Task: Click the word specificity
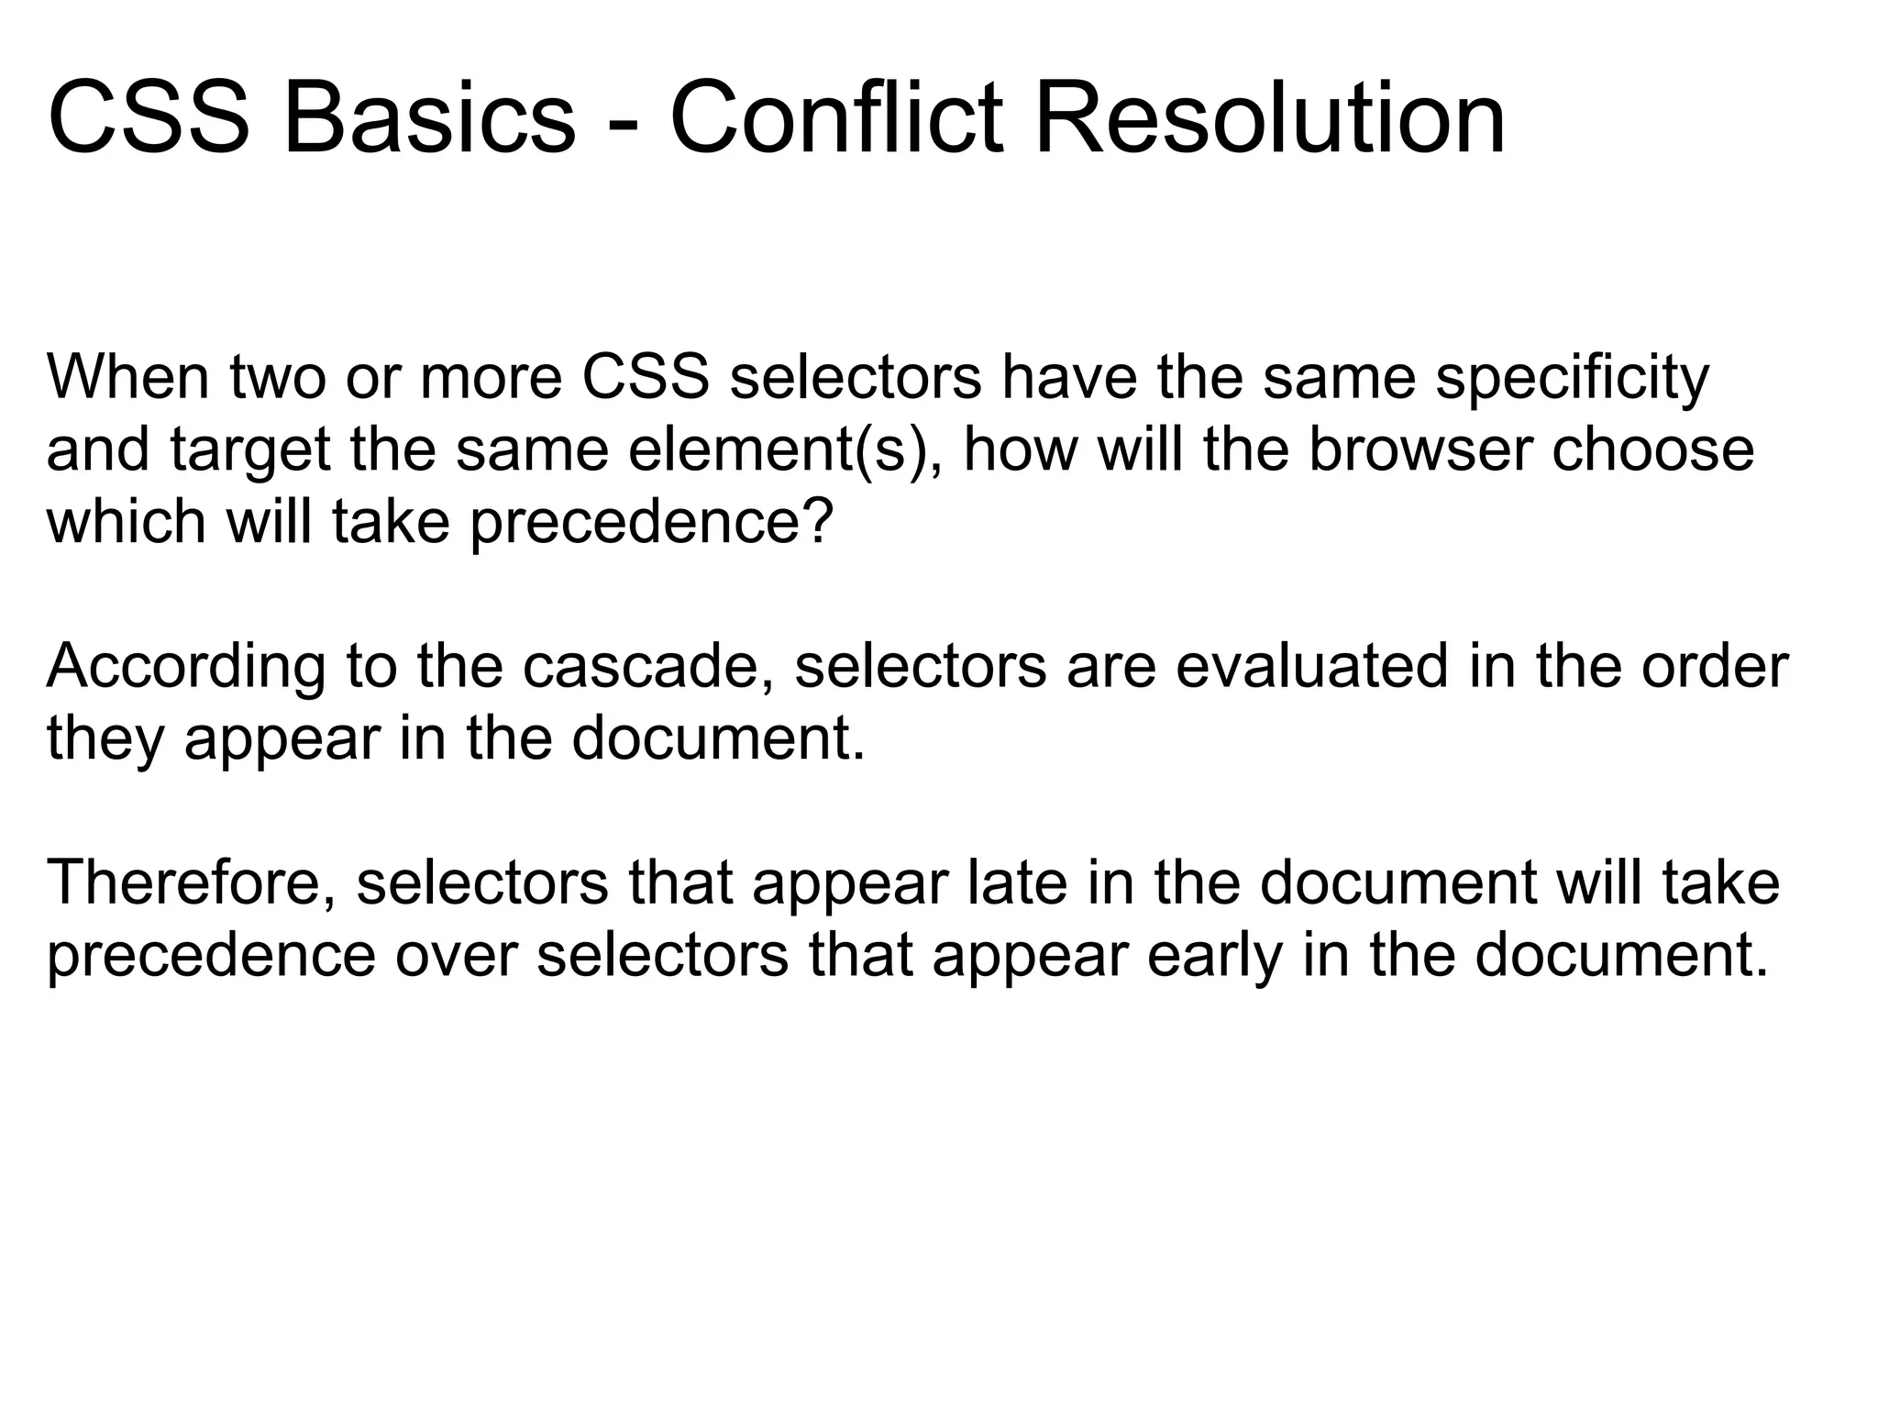(1572, 378)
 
